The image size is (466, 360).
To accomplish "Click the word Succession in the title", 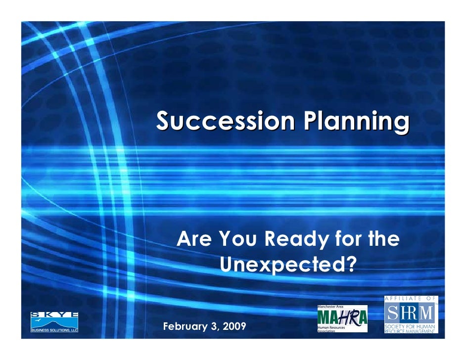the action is tap(226, 121).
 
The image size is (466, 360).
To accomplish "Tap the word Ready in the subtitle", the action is tap(297, 239).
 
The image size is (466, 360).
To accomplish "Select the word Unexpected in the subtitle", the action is tap(282, 264).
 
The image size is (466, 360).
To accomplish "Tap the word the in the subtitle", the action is tap(384, 238).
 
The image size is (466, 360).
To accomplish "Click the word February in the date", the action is tap(185, 326).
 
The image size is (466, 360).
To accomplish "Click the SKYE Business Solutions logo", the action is tap(54, 322).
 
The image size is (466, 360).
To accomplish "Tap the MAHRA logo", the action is tap(342, 319).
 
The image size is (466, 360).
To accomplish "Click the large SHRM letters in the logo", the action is tap(410, 313).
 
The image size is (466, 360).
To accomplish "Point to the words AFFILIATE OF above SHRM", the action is tap(410, 299).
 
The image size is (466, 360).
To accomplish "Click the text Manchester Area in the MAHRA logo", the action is tap(330, 307).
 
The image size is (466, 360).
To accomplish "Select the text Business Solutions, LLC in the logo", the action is tap(54, 330).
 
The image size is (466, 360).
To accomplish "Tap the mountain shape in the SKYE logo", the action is tap(54, 323).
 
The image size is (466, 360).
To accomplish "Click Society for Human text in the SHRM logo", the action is tap(410, 326).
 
